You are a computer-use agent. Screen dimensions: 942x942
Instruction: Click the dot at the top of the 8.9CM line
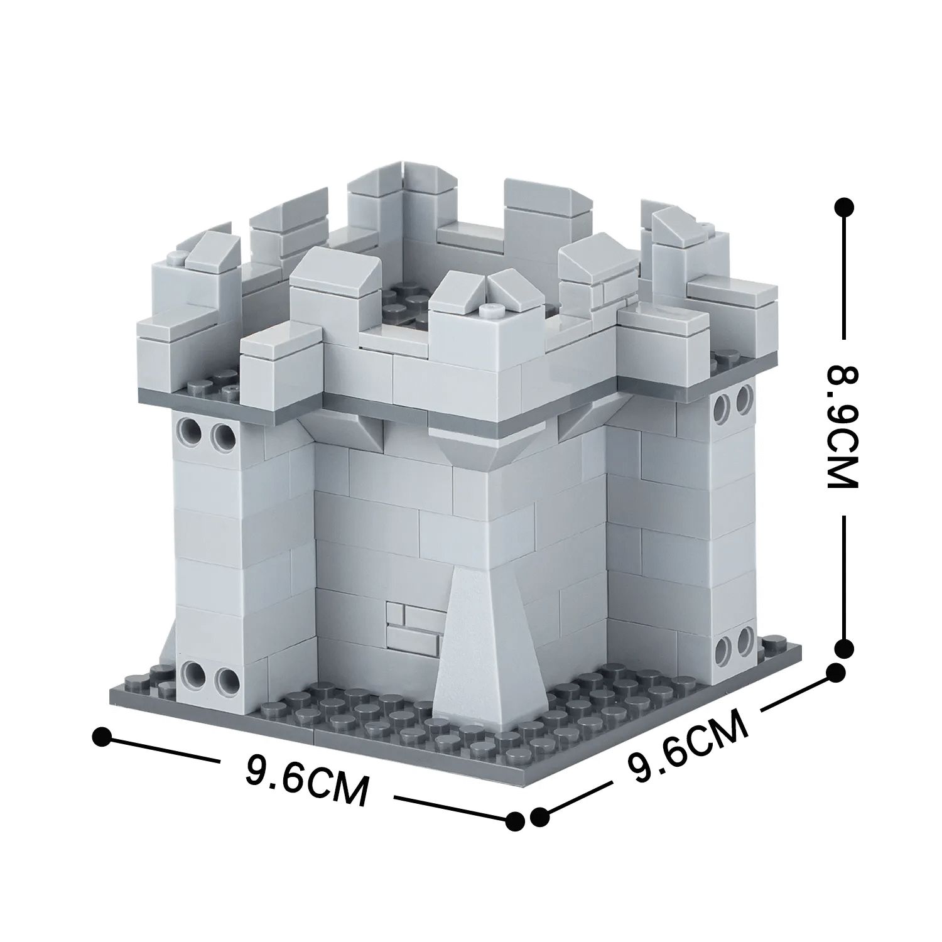(x=845, y=207)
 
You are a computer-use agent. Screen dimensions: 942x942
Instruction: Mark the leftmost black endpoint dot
(x=102, y=737)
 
